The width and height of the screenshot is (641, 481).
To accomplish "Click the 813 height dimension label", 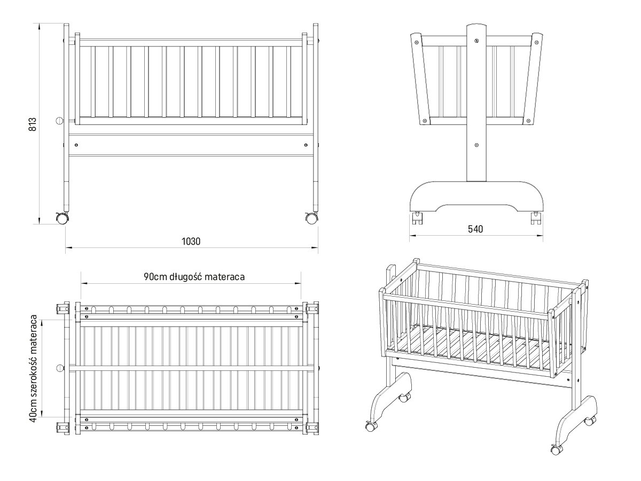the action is tap(33, 124).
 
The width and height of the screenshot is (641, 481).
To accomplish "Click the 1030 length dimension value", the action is tap(191, 242).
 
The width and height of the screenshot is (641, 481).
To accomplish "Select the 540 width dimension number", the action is tap(475, 229).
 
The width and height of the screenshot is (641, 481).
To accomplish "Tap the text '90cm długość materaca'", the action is tap(194, 276).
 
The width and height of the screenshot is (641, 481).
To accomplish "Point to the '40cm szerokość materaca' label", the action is tap(33, 368).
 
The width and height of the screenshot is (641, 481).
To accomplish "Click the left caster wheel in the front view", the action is tap(62, 219).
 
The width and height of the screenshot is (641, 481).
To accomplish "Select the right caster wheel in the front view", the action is tap(311, 219).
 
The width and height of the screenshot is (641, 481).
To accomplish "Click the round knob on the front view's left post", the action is tap(60, 120).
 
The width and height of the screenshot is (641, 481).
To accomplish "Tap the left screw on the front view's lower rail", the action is tap(76, 145).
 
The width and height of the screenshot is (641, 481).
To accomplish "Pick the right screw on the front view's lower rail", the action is tap(306, 145).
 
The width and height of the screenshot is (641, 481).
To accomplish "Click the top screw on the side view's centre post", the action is tap(477, 41).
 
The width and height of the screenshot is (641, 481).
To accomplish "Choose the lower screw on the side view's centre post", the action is tap(476, 145).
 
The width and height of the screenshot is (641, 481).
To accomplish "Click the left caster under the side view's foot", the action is tap(418, 218).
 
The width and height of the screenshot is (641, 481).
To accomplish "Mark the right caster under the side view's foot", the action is tap(536, 218).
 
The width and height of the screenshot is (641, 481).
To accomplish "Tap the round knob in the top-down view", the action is tap(60, 368).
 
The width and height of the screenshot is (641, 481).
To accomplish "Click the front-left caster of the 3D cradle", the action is tap(371, 426).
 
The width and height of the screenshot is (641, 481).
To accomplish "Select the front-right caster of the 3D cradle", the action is tap(557, 450).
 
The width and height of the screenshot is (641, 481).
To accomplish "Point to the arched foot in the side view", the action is tap(476, 197).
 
